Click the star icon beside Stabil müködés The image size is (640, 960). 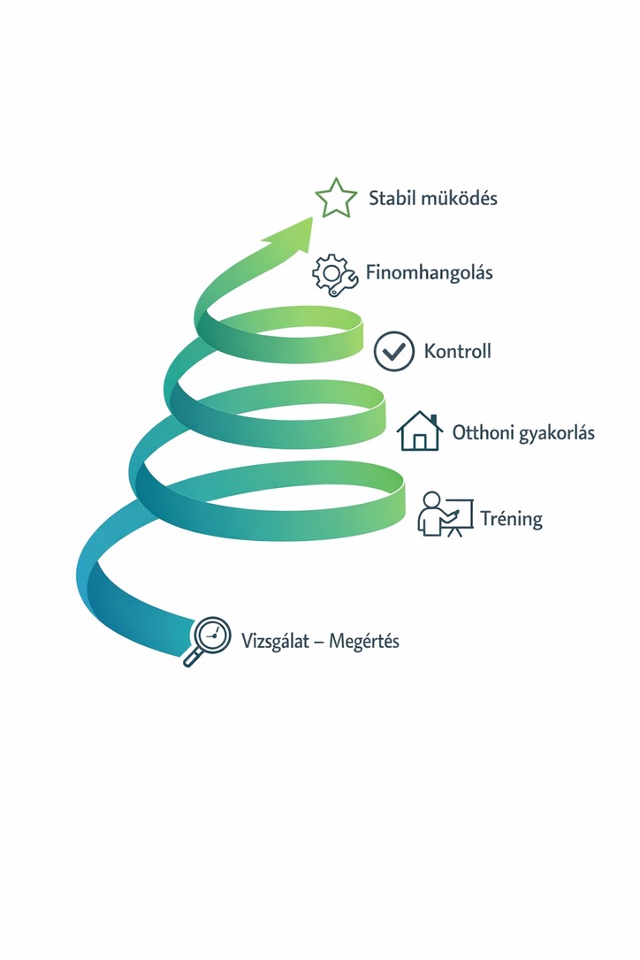336,198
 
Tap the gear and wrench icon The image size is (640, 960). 334,275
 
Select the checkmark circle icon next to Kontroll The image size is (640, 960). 393,352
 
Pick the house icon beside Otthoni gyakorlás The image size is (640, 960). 420,431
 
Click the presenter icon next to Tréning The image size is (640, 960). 446,514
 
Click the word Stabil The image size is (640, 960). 392,198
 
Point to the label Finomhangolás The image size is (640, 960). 430,272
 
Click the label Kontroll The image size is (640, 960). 458,352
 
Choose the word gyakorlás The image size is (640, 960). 557,434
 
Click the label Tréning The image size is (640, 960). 512,519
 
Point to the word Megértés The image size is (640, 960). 364,642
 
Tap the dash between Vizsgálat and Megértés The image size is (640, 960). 319,643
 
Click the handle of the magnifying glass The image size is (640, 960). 193,658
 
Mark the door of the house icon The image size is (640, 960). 420,442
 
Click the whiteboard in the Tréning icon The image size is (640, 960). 460,513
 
